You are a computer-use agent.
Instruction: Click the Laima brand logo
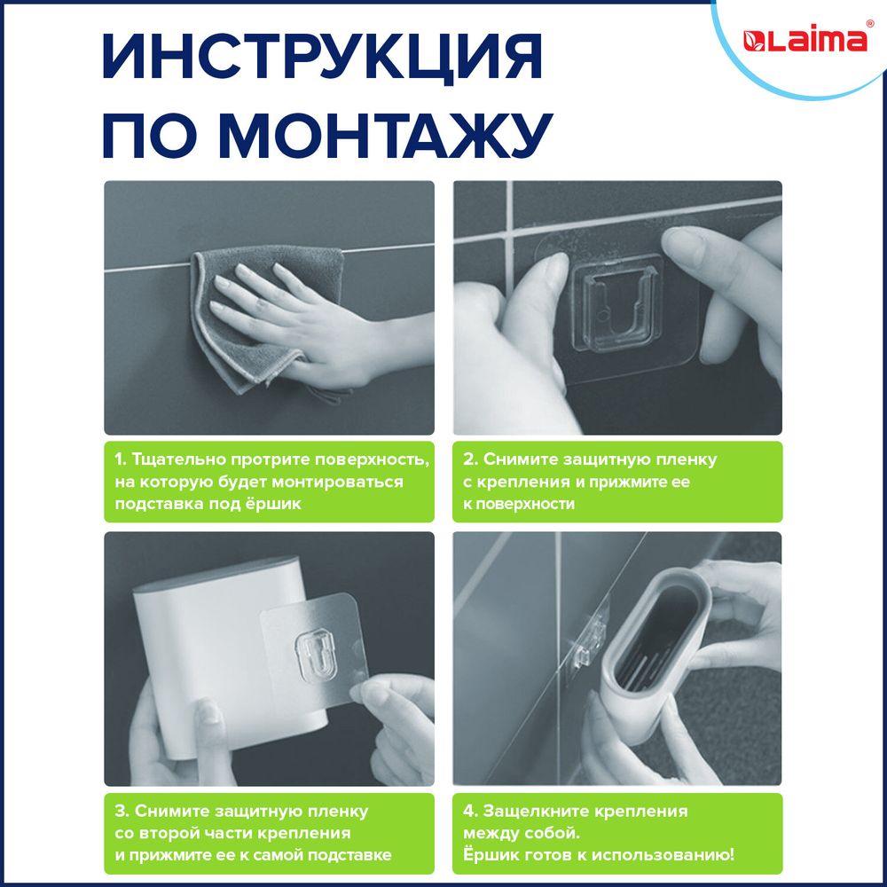tap(805, 41)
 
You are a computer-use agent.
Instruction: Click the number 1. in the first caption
tap(121, 460)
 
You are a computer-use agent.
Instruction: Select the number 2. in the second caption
tap(471, 460)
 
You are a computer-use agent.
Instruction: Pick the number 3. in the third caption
tap(122, 812)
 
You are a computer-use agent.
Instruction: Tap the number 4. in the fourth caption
tap(471, 812)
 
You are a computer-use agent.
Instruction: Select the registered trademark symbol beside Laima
tap(869, 26)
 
